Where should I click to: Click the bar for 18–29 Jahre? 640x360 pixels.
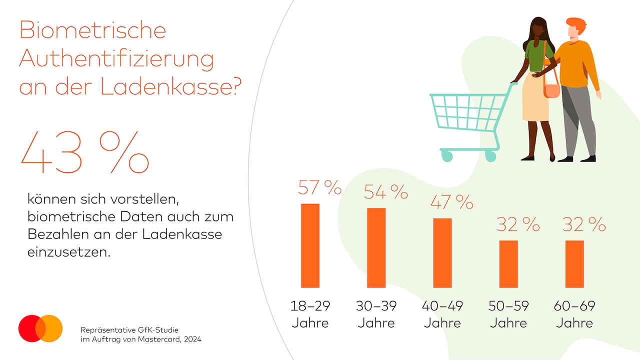click(310, 245)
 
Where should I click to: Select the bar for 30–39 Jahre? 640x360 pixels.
click(376, 247)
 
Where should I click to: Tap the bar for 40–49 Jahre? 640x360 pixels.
click(442, 253)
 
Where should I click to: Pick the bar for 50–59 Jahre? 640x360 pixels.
click(508, 264)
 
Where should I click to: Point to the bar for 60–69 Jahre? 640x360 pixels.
click(574, 264)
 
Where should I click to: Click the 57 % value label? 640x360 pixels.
click(319, 187)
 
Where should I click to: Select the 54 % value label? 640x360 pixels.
click(385, 192)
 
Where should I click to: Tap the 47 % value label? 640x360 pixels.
click(451, 202)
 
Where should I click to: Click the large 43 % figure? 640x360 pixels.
click(84, 153)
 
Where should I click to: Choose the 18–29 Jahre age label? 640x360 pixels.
click(310, 314)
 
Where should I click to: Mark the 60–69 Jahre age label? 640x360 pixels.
click(574, 314)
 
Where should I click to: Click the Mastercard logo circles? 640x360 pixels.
click(40, 328)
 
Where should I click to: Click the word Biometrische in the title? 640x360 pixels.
click(92, 30)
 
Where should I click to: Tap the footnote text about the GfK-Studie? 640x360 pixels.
click(141, 334)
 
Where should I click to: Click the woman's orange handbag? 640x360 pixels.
click(551, 90)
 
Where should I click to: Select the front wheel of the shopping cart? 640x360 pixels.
click(446, 156)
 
